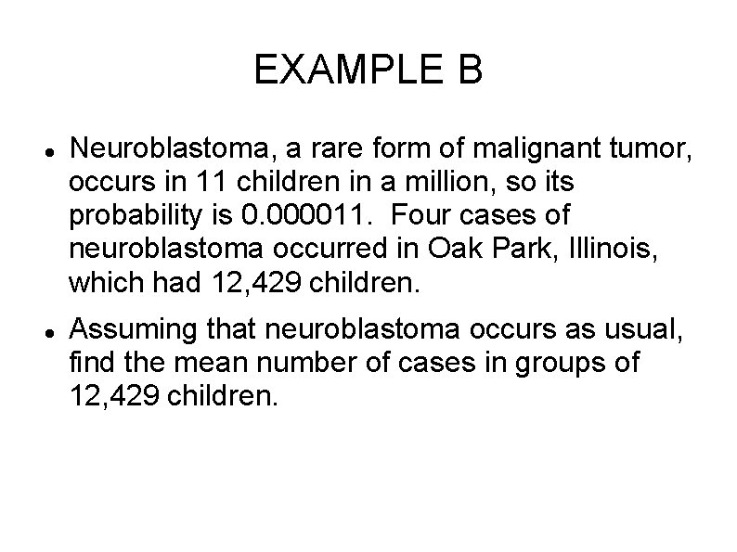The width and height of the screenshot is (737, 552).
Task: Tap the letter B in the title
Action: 470,71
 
